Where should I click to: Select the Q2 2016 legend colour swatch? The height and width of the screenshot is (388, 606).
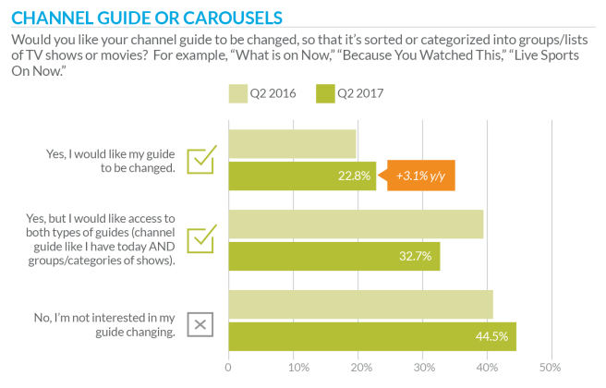point(237,92)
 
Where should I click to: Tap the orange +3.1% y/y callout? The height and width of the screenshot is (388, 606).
point(420,176)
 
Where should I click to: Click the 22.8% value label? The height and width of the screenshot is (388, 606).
point(357,176)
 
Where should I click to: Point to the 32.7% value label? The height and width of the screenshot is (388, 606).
point(420,256)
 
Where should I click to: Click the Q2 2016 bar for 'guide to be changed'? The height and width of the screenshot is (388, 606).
point(292,143)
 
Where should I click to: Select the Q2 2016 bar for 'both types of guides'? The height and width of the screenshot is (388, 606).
point(356,224)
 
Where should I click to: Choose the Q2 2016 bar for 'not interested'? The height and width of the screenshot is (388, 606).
point(360,304)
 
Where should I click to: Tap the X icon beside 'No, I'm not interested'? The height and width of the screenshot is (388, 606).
point(200,324)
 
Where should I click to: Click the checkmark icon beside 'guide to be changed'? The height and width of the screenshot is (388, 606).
point(201,160)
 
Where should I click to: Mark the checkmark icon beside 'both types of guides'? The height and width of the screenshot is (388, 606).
point(201,238)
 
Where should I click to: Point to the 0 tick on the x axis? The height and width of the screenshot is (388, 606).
point(228,369)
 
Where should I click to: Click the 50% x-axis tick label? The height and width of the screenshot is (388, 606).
point(551,369)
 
